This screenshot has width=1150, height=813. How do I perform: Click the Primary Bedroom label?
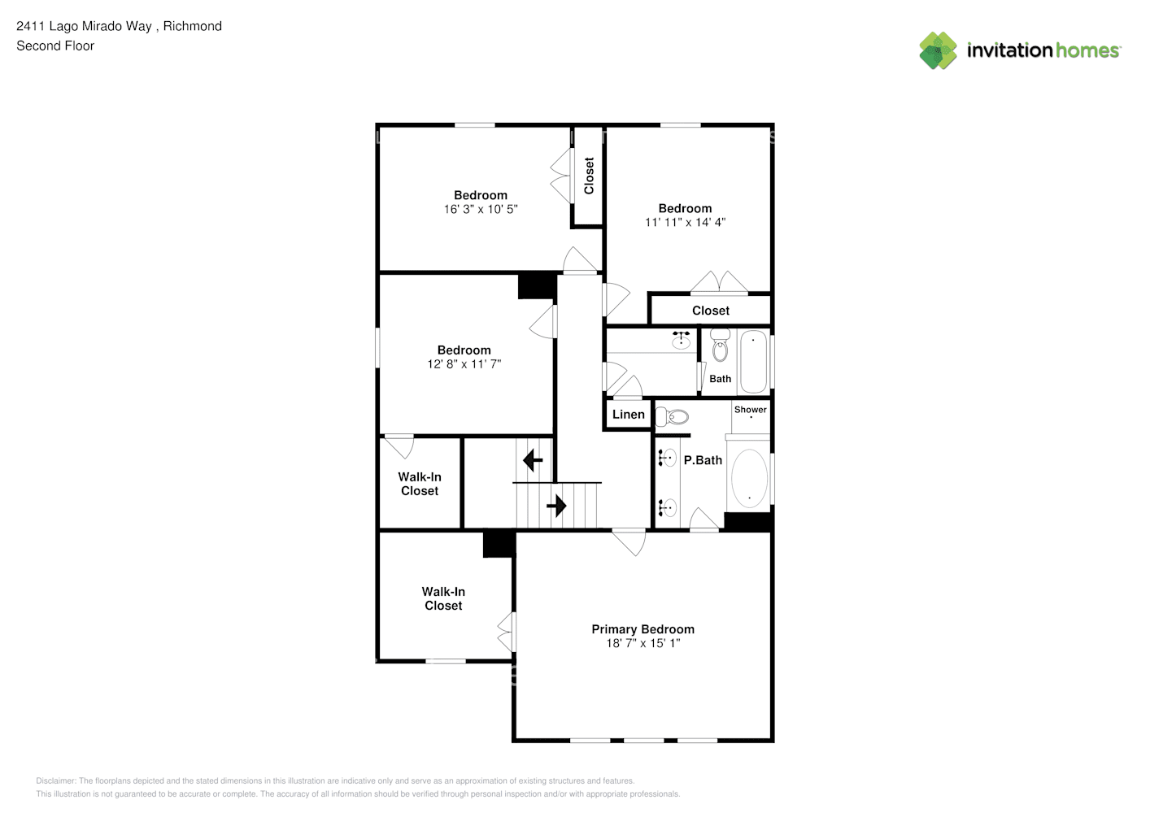click(x=643, y=629)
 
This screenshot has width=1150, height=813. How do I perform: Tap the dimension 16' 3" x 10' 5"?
click(x=481, y=209)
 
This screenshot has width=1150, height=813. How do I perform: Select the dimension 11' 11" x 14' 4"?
click(x=685, y=222)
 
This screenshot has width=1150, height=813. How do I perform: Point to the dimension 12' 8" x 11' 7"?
click(x=464, y=364)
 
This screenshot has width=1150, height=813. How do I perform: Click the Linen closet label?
click(x=628, y=415)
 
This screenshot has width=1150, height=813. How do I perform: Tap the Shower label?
click(x=750, y=410)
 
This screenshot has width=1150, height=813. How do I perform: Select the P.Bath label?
click(x=703, y=460)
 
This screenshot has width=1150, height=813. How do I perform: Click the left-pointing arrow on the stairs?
click(x=533, y=461)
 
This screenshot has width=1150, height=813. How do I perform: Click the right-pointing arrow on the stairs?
click(x=556, y=506)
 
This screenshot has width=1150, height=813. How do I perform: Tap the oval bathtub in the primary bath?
click(x=749, y=479)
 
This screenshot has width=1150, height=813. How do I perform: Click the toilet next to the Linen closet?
click(x=673, y=418)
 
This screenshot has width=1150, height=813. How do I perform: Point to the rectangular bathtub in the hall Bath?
click(x=753, y=362)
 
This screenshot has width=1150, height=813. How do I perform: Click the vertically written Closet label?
click(x=589, y=176)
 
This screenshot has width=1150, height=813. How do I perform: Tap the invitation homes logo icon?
click(x=938, y=50)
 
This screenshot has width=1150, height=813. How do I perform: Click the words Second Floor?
click(x=55, y=46)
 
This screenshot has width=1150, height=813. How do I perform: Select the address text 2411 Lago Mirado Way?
click(x=84, y=26)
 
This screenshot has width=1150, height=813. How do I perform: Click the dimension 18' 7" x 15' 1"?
click(x=643, y=643)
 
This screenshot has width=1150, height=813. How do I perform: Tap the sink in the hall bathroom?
click(x=682, y=341)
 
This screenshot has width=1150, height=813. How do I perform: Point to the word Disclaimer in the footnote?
click(x=55, y=780)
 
